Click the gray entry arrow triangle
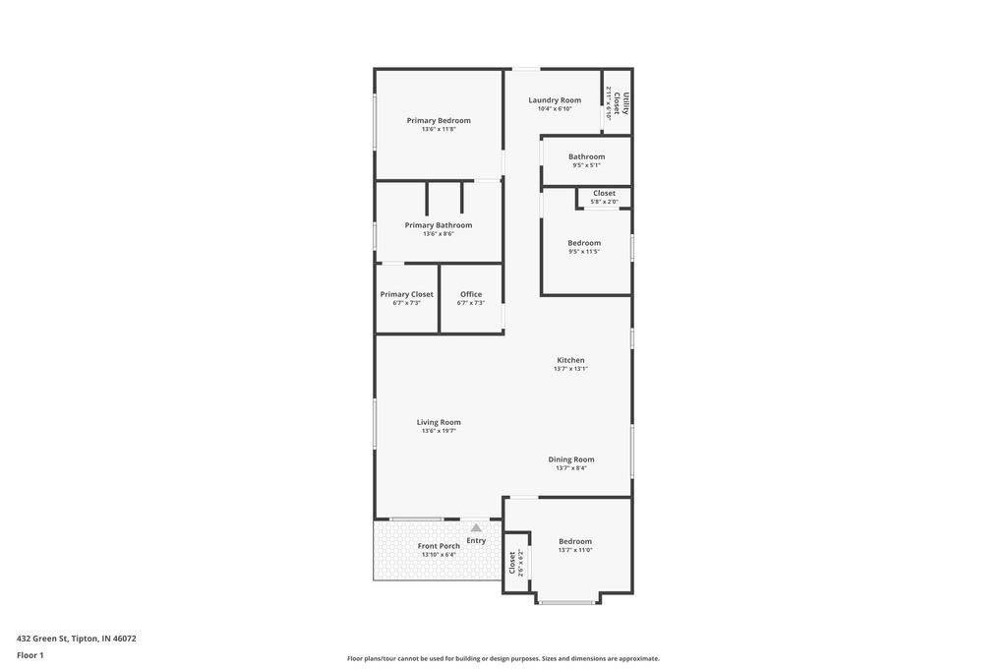(x=476, y=527)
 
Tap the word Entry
(x=476, y=540)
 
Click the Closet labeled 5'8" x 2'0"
(x=604, y=195)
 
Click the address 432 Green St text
(x=77, y=639)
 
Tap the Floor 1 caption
(x=30, y=655)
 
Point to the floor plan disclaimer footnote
(x=503, y=658)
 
